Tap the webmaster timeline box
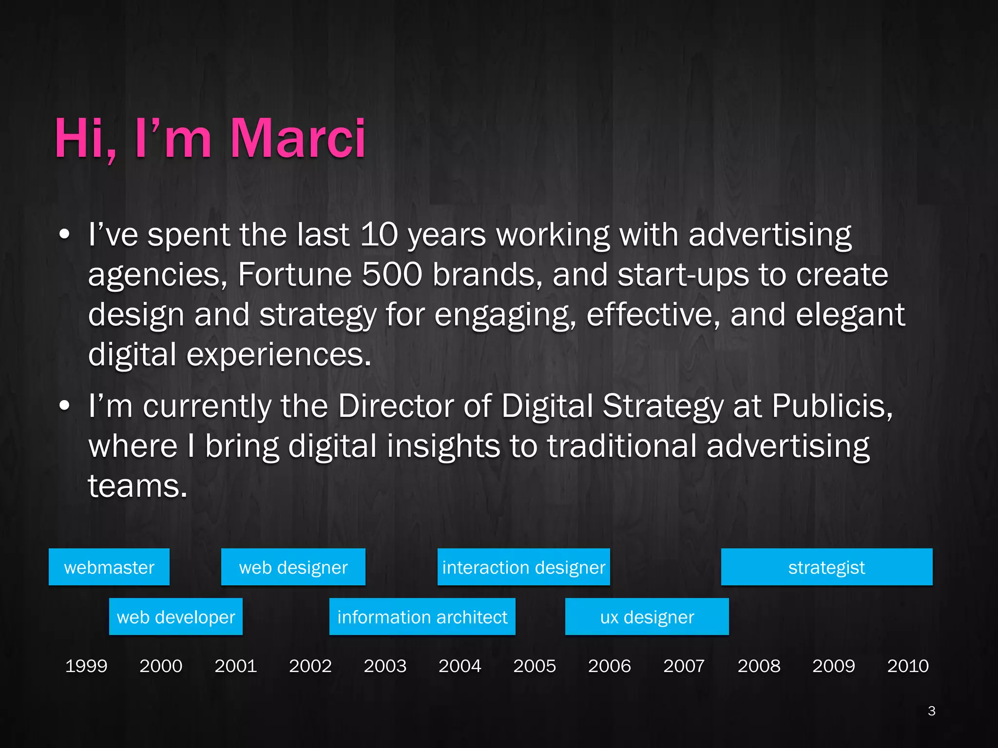click(109, 567)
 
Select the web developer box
click(176, 617)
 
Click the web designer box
click(293, 567)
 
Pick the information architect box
click(422, 617)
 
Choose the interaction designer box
click(524, 567)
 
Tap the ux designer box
click(647, 617)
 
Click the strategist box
click(826, 567)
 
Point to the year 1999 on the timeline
click(86, 666)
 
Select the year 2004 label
click(460, 666)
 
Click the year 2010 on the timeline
click(908, 666)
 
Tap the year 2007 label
click(684, 666)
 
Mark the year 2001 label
click(236, 666)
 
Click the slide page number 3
click(932, 711)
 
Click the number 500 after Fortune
click(392, 274)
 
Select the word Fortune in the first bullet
click(295, 274)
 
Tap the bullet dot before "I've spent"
click(64, 235)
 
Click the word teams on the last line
click(137, 486)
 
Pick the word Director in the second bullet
click(396, 406)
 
